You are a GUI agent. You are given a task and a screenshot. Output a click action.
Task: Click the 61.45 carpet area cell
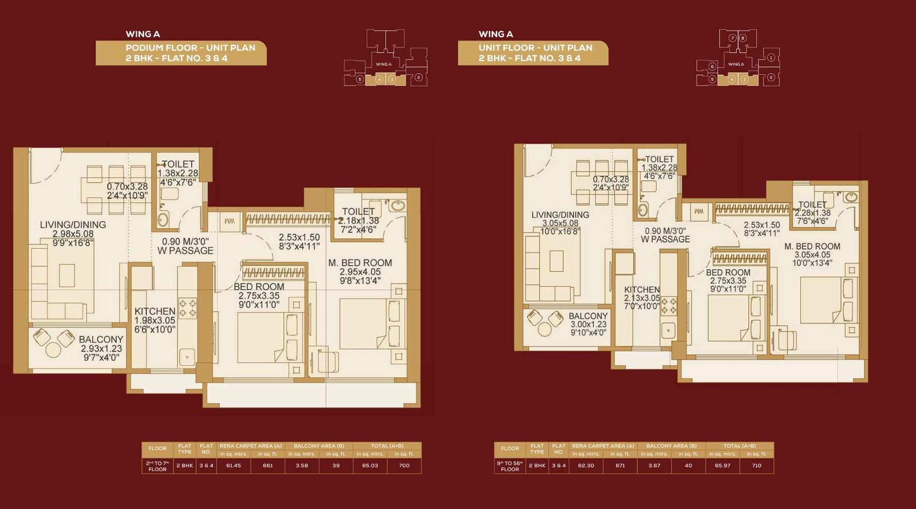[x=233, y=465]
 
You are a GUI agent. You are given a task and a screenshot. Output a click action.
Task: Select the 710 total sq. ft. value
[x=756, y=465]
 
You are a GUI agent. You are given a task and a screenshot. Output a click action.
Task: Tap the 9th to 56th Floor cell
[x=510, y=466]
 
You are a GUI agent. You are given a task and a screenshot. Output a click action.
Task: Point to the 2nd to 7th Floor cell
[x=157, y=466]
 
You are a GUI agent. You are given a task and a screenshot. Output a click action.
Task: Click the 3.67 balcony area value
[x=654, y=465]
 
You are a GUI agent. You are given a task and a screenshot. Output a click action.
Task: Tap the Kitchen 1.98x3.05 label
[x=155, y=320]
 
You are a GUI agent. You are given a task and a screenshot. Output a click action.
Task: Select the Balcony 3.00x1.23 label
[x=588, y=324]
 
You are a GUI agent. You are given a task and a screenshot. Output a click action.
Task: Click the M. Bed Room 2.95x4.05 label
[x=360, y=271]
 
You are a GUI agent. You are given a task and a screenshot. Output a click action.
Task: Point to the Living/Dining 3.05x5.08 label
[x=560, y=223]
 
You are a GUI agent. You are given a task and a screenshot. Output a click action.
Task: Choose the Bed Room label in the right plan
[x=728, y=281]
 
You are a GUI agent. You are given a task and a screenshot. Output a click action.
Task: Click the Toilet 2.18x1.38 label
[x=358, y=220]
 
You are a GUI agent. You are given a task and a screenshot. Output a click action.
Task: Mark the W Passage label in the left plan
[x=185, y=246]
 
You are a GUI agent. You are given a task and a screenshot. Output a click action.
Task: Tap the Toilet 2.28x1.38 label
[x=812, y=212]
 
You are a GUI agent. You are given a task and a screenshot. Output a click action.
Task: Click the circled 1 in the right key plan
[x=771, y=57]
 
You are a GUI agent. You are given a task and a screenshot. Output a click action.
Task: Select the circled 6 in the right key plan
[x=712, y=66]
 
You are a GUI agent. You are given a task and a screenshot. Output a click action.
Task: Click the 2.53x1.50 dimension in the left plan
[x=299, y=242]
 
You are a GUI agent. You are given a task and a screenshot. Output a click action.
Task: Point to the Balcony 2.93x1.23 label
[x=101, y=348]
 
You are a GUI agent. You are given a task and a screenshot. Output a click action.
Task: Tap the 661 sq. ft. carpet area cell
[x=267, y=465]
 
